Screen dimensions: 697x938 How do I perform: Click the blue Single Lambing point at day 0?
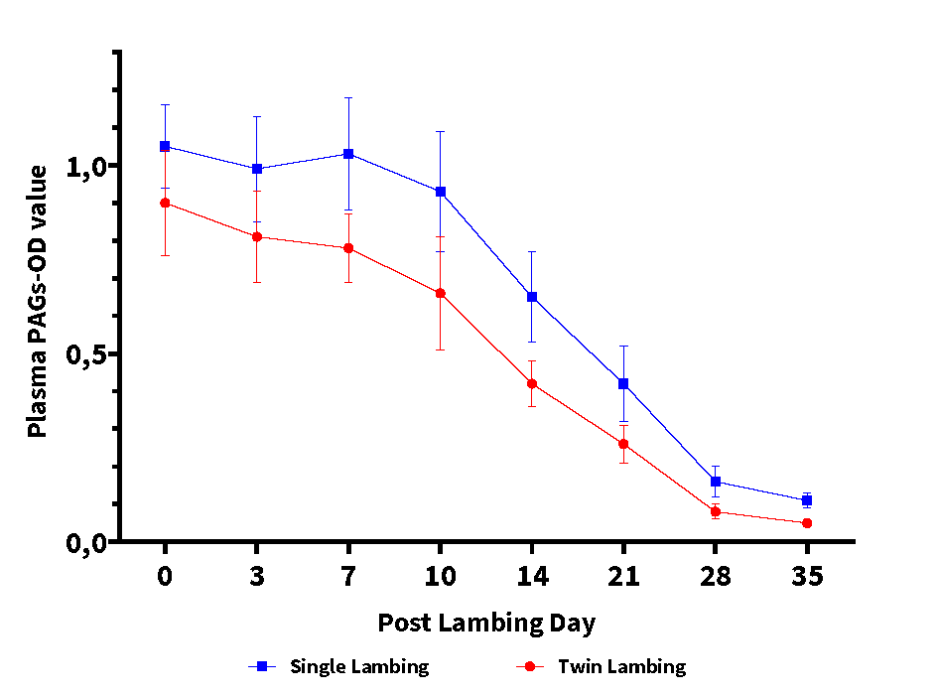pyautogui.click(x=165, y=146)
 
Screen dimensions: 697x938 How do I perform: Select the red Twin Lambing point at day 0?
pyautogui.click(x=165, y=203)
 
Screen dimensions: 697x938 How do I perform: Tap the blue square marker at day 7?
pyautogui.click(x=348, y=154)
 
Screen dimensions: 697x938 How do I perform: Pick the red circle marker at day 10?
pyautogui.click(x=440, y=293)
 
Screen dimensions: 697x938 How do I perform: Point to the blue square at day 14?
pyautogui.click(x=532, y=297)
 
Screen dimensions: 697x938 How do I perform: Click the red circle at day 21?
pyautogui.click(x=623, y=444)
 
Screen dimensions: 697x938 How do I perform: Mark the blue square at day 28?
pyautogui.click(x=716, y=482)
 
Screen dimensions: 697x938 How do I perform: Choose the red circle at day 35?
pyautogui.click(x=807, y=523)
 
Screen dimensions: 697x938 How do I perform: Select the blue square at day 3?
pyautogui.click(x=257, y=169)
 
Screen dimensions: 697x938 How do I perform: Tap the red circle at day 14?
pyautogui.click(x=532, y=383)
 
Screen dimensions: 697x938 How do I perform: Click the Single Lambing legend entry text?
pyautogui.click(x=359, y=666)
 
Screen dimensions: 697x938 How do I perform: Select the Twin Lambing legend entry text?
pyautogui.click(x=621, y=666)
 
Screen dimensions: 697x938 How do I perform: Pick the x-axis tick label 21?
pyautogui.click(x=623, y=577)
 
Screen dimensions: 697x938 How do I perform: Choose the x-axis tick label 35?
pyautogui.click(x=807, y=577)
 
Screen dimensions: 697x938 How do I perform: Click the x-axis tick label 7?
pyautogui.click(x=348, y=577)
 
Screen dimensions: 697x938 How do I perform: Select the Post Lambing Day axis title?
pyautogui.click(x=486, y=624)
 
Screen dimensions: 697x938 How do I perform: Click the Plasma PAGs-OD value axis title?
pyautogui.click(x=37, y=301)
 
